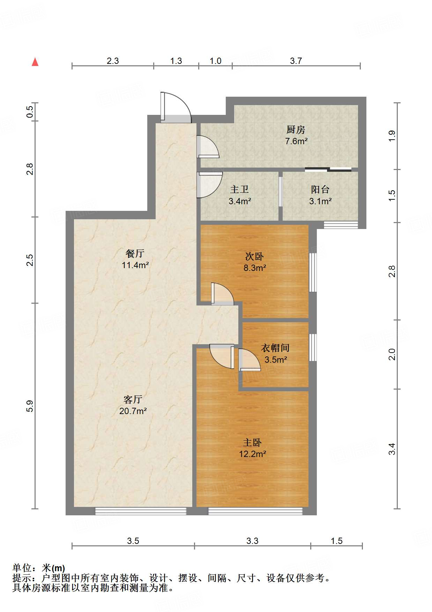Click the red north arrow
pyautogui.click(x=35, y=62)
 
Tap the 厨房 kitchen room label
pyautogui.click(x=296, y=130)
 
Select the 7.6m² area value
pyautogui.click(x=296, y=141)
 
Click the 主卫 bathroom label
pyautogui.click(x=239, y=190)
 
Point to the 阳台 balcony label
pyautogui.click(x=320, y=190)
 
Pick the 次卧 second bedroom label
pyautogui.click(x=254, y=257)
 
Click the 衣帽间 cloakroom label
pyautogui.click(x=275, y=348)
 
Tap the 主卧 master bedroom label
pyautogui.click(x=252, y=443)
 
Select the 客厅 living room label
pyautogui.click(x=133, y=399)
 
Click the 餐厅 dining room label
pyautogui.click(x=135, y=253)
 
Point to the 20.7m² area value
pyautogui.click(x=133, y=411)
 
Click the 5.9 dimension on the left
pyautogui.click(x=30, y=406)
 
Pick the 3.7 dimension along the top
pyautogui.click(x=296, y=61)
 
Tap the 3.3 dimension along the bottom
pyautogui.click(x=252, y=541)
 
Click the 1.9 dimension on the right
pyautogui.click(x=392, y=135)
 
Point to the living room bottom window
pyautogui.click(x=141, y=511)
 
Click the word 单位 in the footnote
pyautogui.click(x=22, y=568)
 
